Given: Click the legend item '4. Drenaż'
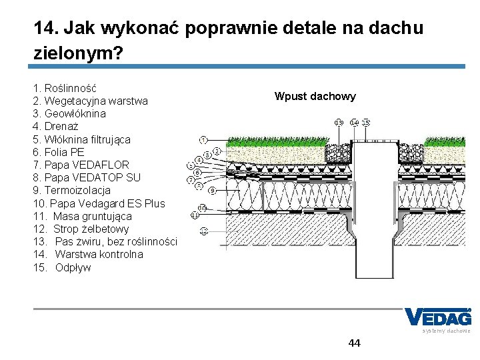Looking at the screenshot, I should click(x=56, y=127).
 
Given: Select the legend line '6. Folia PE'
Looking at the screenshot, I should click(x=59, y=152).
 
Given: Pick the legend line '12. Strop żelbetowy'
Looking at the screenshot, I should click(x=81, y=229).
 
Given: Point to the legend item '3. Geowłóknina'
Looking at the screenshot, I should click(x=69, y=114).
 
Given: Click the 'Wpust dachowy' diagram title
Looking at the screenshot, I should click(x=315, y=96).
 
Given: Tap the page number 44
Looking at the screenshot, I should click(x=354, y=343).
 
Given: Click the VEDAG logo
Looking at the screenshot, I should click(x=437, y=318).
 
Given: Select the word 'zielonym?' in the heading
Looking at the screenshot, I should click(x=78, y=53).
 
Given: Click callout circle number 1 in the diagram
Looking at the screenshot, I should click(x=203, y=140).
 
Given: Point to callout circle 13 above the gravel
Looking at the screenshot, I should click(x=339, y=123).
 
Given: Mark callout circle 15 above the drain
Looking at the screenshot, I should click(x=366, y=123).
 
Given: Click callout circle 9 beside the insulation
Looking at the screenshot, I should click(x=212, y=191).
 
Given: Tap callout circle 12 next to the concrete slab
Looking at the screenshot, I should click(x=204, y=231).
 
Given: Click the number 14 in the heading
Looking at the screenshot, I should click(x=44, y=29).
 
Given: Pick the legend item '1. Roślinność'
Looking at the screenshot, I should click(x=65, y=88).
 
